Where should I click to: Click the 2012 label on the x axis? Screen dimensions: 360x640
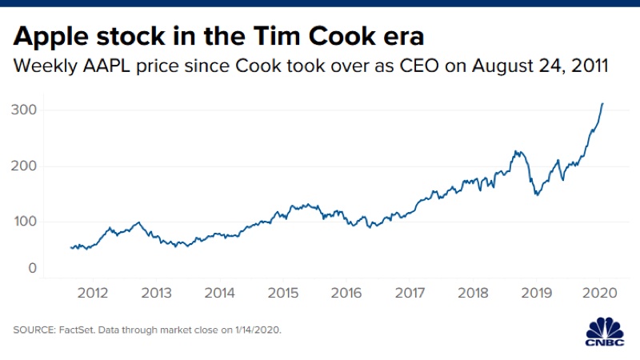[x=93, y=293]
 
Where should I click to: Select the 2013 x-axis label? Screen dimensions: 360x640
[x=156, y=293]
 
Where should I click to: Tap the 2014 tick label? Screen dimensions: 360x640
[x=219, y=293]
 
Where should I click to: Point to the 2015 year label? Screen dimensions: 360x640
[x=282, y=293]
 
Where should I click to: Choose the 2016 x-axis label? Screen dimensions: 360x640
[x=346, y=293]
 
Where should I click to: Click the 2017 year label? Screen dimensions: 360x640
[x=410, y=293]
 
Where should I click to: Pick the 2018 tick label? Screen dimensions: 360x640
[x=473, y=293]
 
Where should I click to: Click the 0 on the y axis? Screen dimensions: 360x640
[x=32, y=269]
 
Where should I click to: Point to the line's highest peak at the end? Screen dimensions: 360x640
[x=602, y=104]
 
